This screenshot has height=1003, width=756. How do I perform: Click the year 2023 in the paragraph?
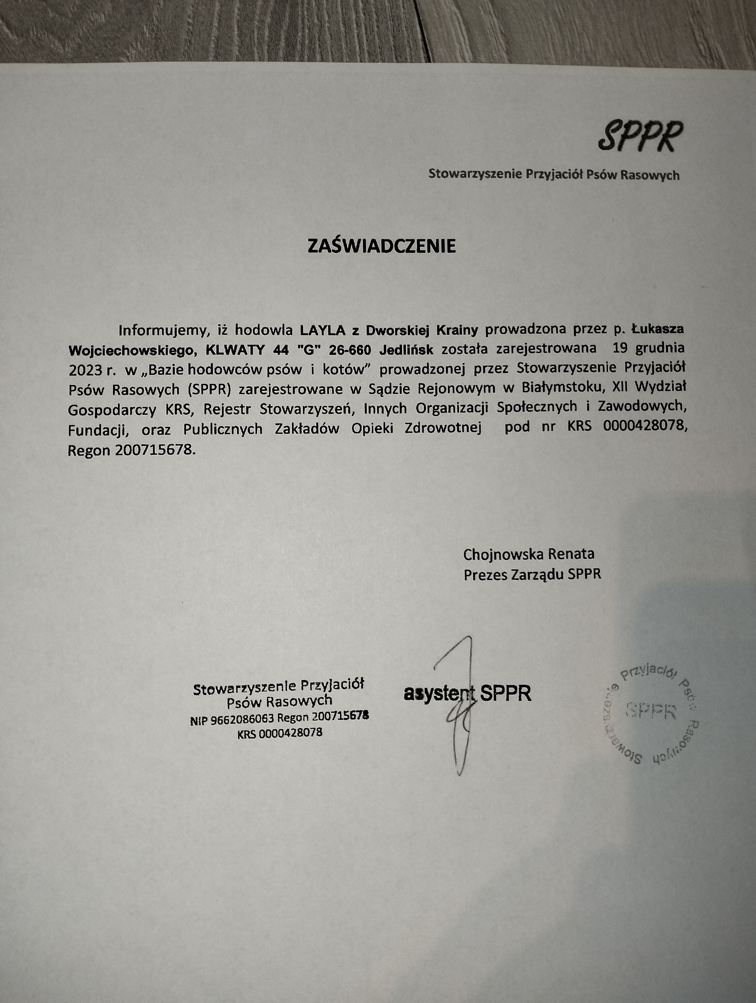[x=85, y=369]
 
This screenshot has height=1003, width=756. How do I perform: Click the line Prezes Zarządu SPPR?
[x=532, y=575]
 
